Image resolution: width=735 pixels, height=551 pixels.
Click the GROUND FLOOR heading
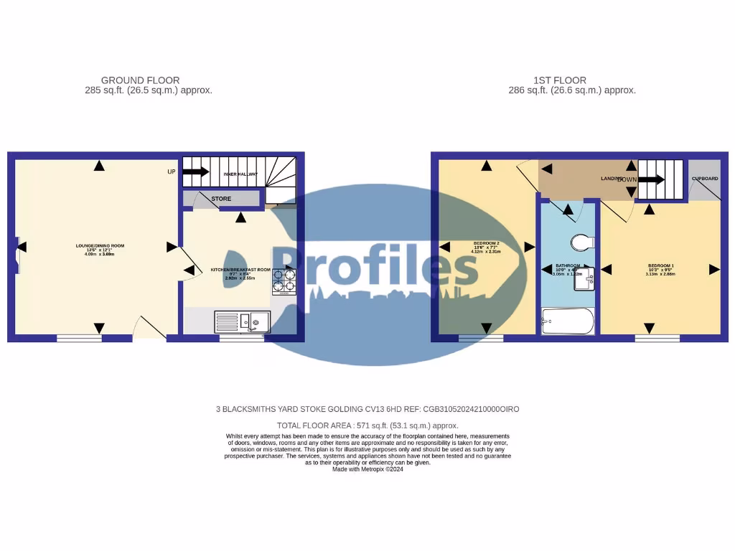[x=140, y=80]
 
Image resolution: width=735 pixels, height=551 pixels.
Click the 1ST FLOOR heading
[x=560, y=80]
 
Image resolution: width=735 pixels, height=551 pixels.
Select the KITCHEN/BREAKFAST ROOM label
[x=240, y=269]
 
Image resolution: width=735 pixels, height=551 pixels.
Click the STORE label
[x=221, y=199]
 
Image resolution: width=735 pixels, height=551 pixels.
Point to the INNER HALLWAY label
[x=240, y=173]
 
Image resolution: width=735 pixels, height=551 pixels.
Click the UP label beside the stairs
[x=172, y=172]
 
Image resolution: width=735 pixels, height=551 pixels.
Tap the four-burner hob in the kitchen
[x=284, y=280]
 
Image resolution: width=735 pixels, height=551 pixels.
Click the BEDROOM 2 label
[x=486, y=244]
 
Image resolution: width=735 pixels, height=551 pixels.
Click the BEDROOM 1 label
[x=660, y=266]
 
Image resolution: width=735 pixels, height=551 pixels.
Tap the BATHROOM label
[x=567, y=265]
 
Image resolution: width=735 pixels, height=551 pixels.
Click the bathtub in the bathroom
[x=568, y=321]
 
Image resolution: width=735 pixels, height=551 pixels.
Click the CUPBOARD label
[x=704, y=179]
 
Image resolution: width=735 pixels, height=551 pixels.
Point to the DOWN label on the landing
[x=627, y=179]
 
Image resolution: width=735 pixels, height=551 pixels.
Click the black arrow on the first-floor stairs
[x=651, y=180]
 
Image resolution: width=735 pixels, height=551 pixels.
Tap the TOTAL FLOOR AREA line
[x=367, y=425]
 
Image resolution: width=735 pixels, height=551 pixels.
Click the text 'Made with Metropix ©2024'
[x=367, y=469]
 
